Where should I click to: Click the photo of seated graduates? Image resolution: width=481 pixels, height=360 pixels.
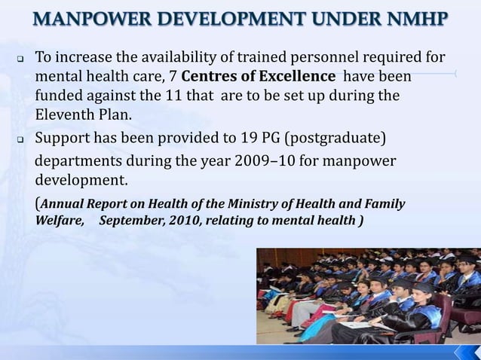(368, 296)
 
